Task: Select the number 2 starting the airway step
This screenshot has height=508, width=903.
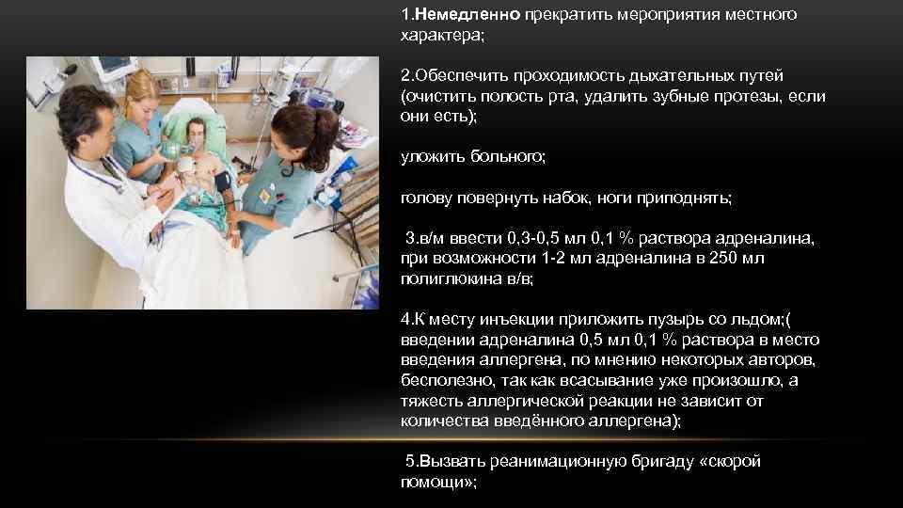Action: point(404,74)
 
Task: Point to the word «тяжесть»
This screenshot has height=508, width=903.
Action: point(429,402)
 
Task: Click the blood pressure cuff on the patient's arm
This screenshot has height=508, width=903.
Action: point(222,179)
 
